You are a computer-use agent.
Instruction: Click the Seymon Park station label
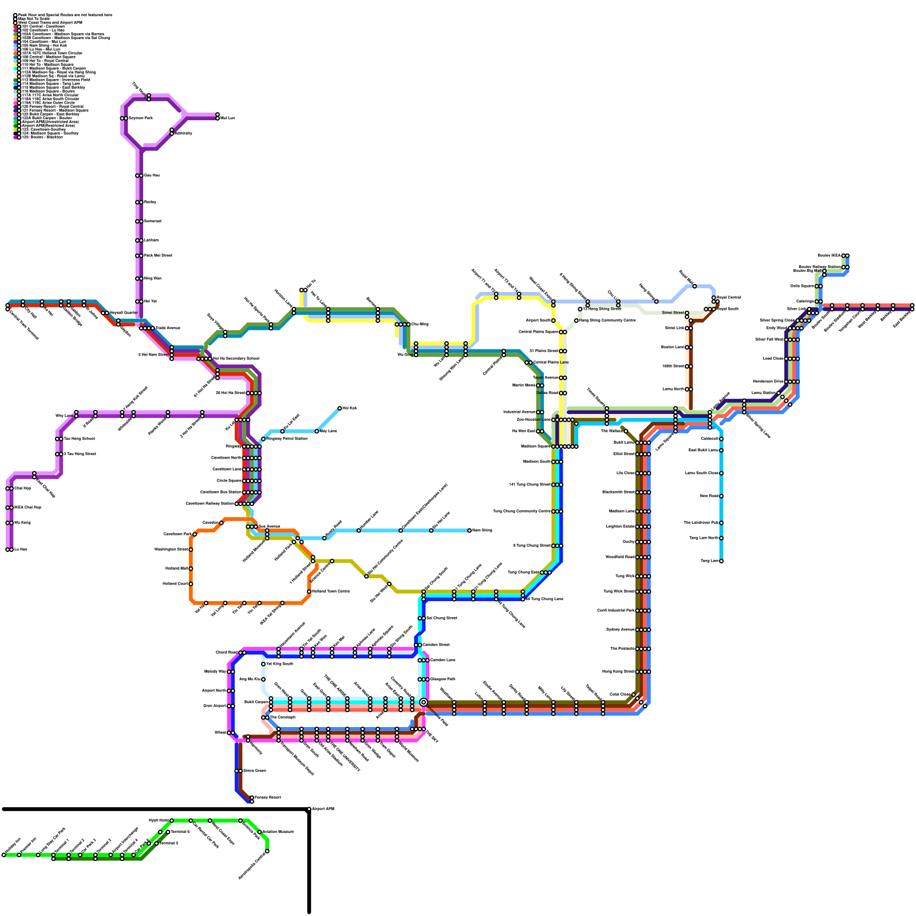[140, 119]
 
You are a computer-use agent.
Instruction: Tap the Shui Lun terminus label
[228, 119]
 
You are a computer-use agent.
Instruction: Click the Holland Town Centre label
[331, 591]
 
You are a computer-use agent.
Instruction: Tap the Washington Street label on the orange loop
[171, 550]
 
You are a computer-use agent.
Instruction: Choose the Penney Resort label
[268, 797]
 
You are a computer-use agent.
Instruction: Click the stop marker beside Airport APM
[309, 810]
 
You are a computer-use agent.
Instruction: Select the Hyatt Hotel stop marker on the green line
[172, 821]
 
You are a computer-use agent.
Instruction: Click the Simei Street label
[672, 313]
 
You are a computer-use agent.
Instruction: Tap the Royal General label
[729, 298]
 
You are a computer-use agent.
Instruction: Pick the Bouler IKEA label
[830, 256]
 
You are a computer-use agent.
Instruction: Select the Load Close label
[773, 359]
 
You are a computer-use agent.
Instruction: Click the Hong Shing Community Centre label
[607, 321]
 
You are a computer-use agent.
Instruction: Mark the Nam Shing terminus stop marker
[469, 531]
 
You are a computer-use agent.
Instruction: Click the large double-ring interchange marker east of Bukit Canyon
[424, 702]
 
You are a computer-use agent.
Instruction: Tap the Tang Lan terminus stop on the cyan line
[721, 561]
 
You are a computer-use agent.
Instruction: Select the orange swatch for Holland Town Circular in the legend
[15, 53]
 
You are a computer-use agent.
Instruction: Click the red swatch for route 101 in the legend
[15, 27]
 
